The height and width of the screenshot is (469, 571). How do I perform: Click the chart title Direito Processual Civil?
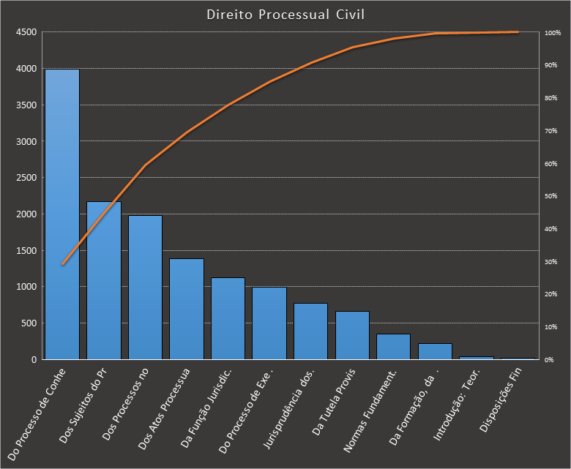285,15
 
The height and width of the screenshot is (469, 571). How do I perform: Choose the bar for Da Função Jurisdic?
228,318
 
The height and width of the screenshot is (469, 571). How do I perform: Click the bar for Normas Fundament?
393,347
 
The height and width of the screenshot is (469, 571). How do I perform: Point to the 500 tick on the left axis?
28,323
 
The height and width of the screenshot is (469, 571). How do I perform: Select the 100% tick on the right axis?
553,33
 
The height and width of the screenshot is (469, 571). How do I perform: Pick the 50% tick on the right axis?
551,197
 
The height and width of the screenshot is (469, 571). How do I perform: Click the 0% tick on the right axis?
550,360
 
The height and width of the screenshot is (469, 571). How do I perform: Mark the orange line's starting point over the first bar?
63,264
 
